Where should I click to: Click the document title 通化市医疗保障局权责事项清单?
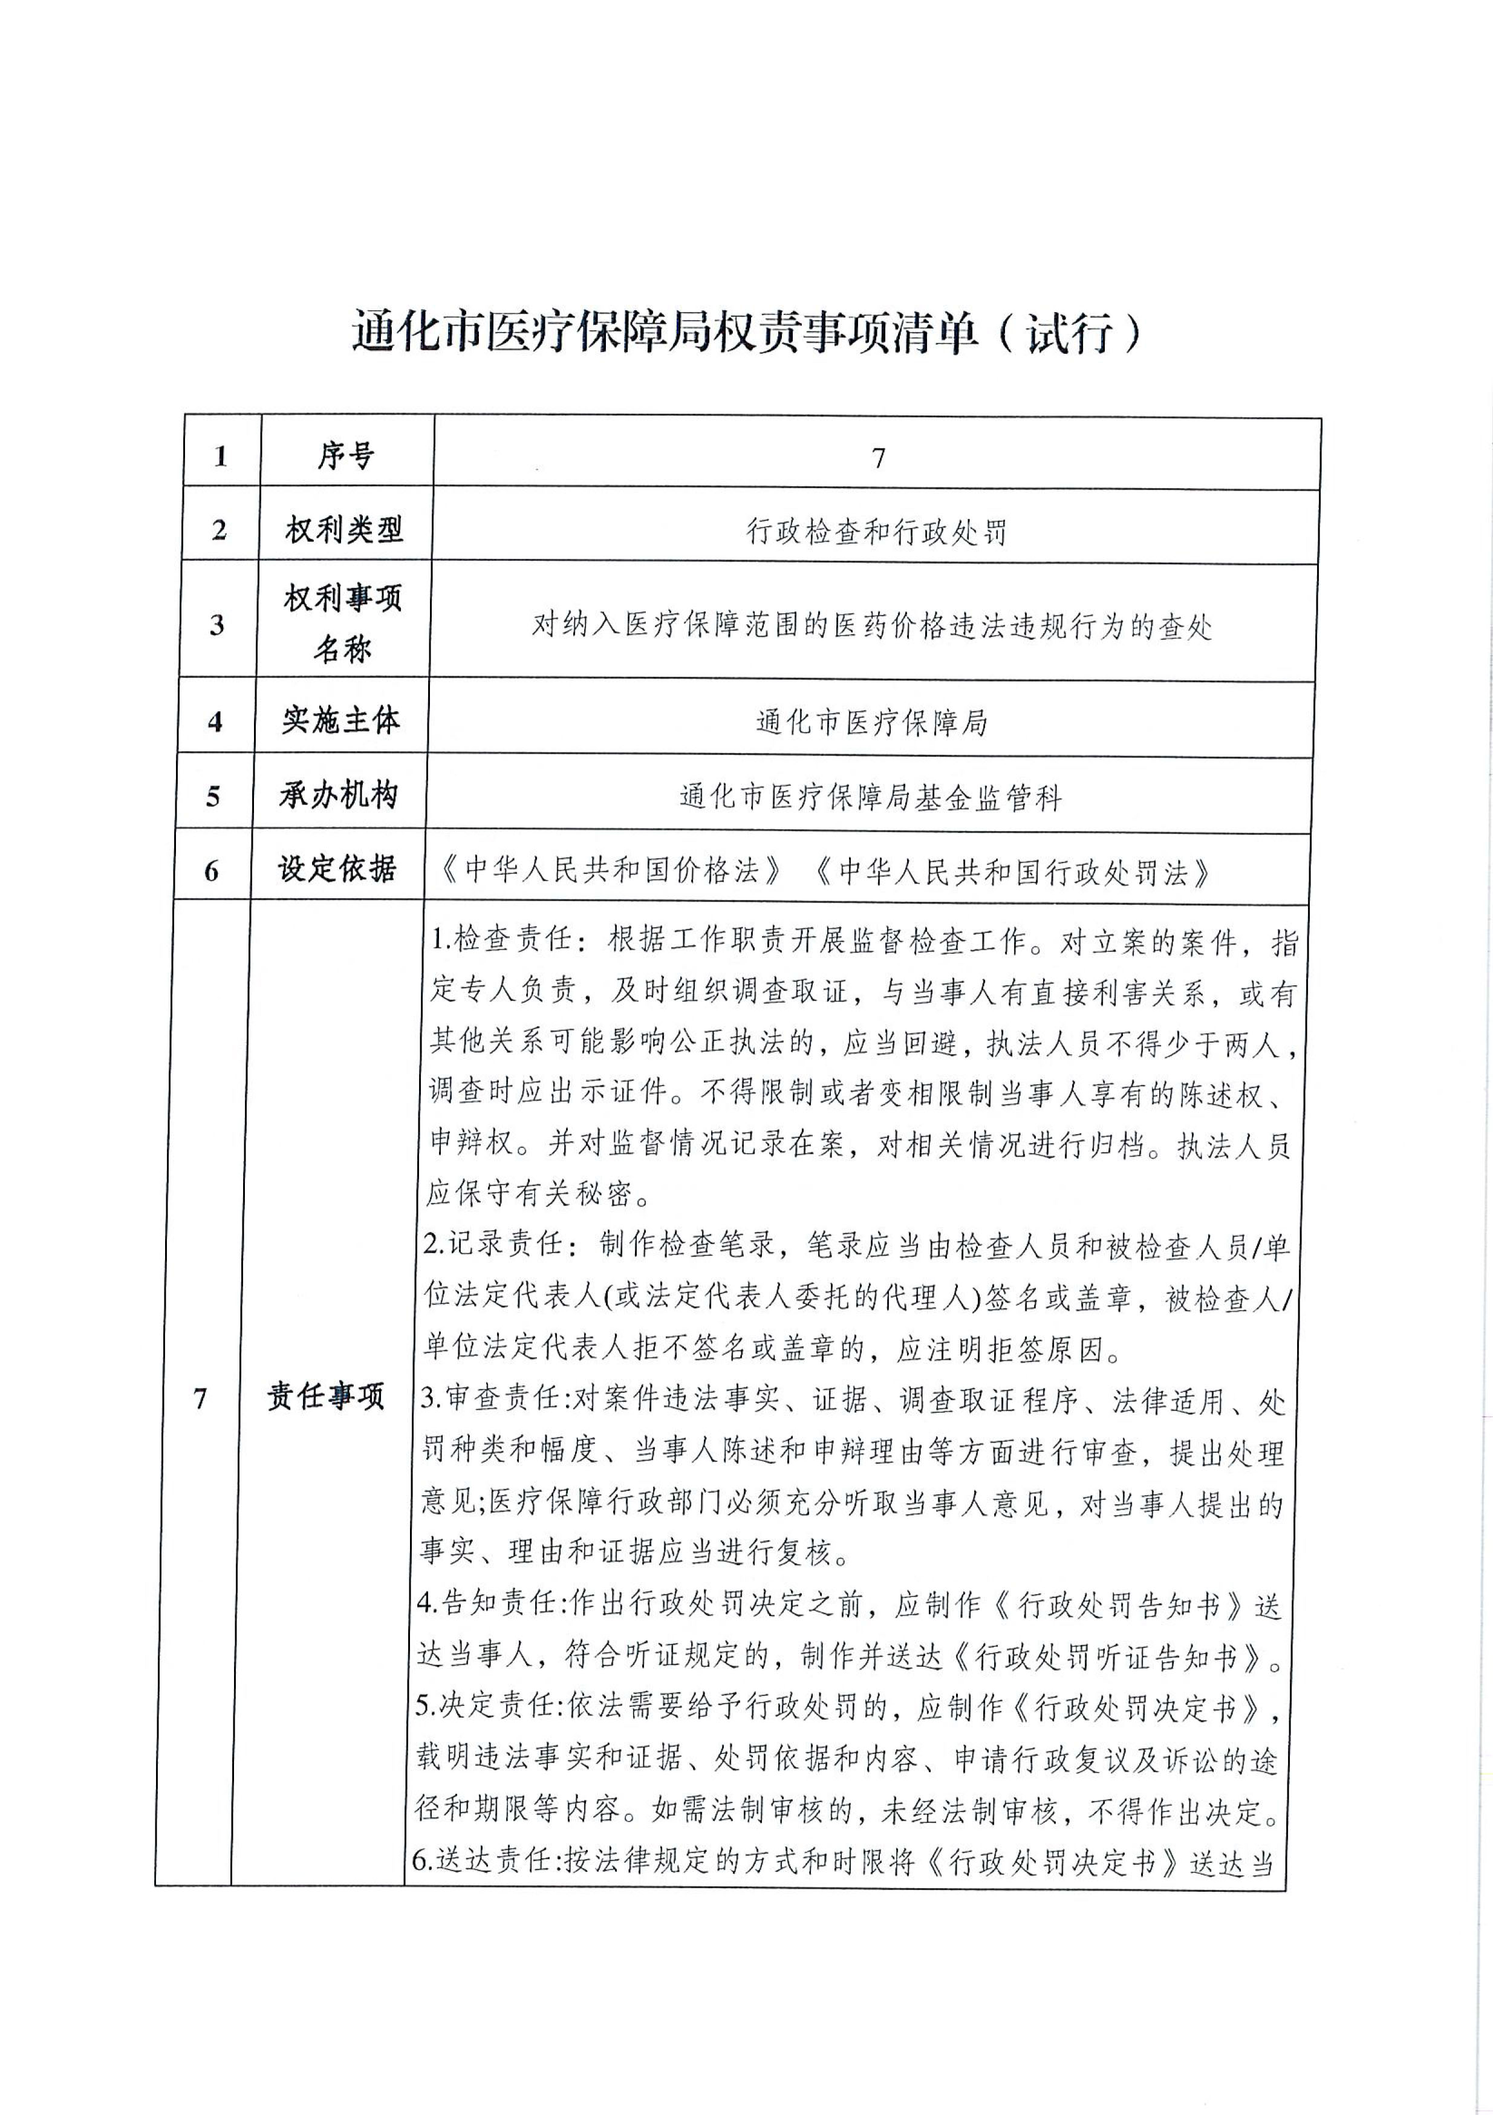(663, 333)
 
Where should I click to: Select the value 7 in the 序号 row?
(878, 458)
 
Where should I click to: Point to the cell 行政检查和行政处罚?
(876, 532)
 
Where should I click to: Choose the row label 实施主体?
(341, 720)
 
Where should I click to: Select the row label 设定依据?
(336, 868)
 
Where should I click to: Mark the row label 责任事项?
(325, 1398)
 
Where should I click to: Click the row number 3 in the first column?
(216, 625)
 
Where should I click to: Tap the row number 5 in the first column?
(213, 795)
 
